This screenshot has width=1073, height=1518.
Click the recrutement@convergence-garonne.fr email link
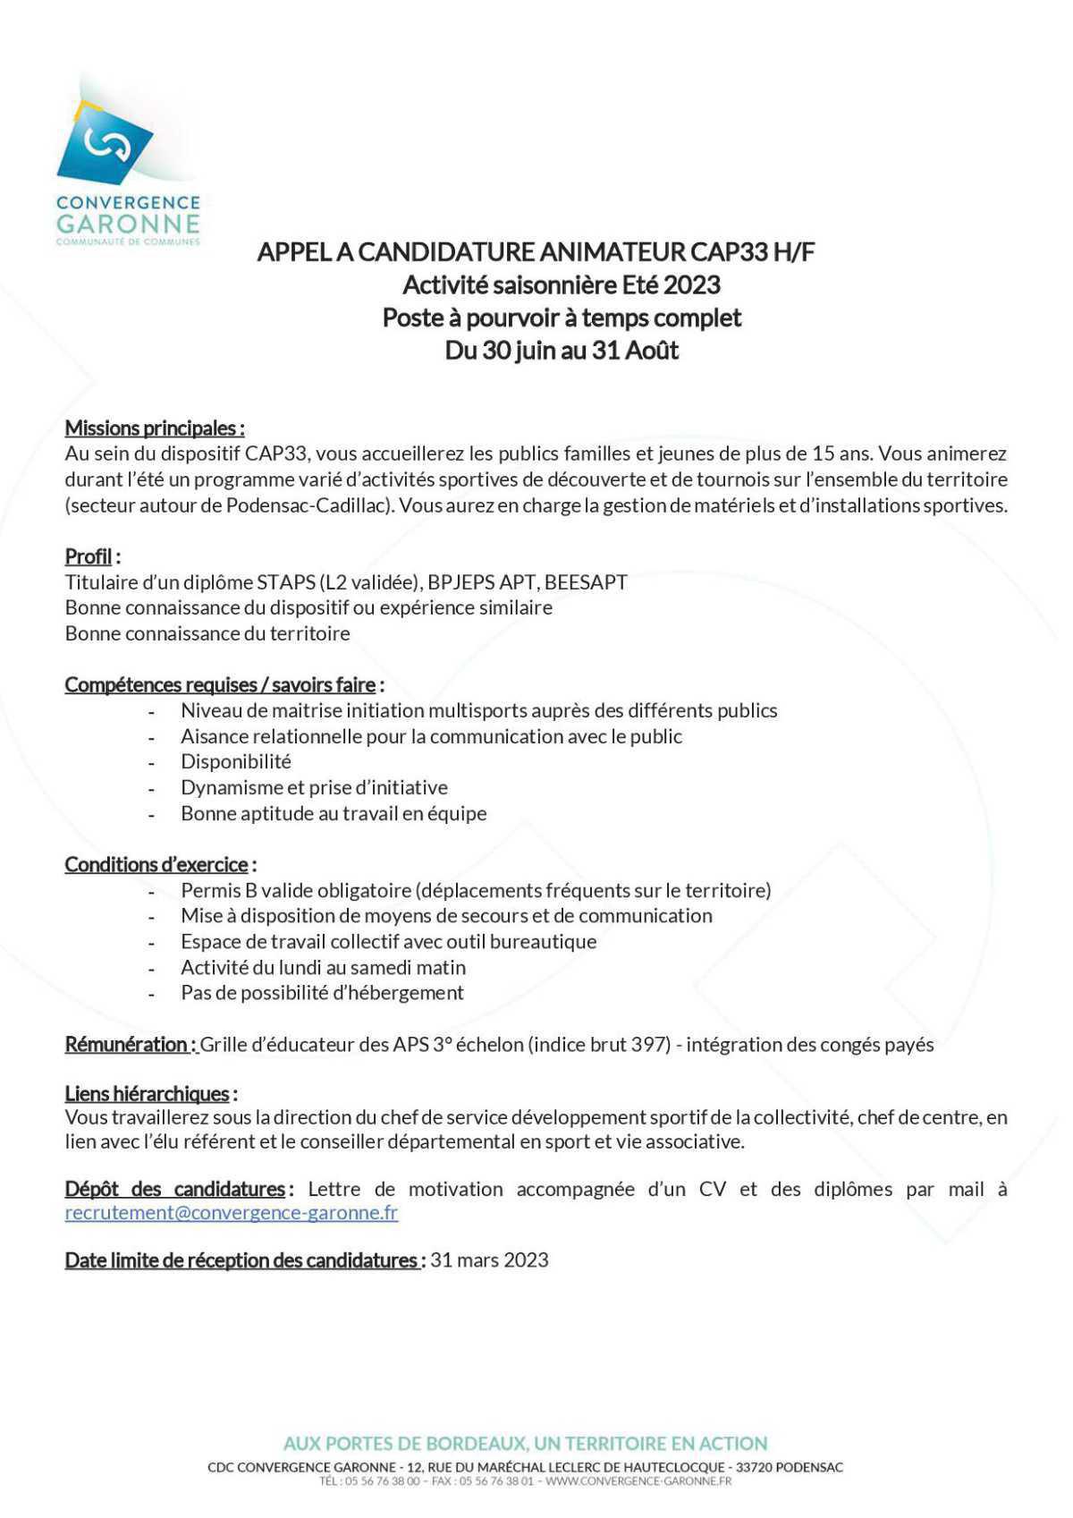coord(231,1212)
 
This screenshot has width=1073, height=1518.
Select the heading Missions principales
coord(153,428)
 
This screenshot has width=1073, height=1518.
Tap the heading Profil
coord(89,556)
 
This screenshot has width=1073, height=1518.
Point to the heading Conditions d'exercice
coord(156,864)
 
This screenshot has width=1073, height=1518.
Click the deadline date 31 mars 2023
coord(489,1259)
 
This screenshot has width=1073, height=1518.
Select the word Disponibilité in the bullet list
coord(236,761)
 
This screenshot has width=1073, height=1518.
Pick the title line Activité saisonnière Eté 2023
coord(562,284)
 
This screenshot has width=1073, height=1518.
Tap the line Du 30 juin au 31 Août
coord(562,350)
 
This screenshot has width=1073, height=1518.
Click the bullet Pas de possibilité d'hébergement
coord(322,992)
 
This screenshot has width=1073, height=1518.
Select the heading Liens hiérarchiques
coord(147,1093)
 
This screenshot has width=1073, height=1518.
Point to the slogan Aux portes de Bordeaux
coord(525,1443)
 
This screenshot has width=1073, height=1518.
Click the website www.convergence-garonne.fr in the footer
coord(638,1481)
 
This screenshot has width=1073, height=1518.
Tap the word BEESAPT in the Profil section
coord(586,582)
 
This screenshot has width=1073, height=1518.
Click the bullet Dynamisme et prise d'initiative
coord(314,787)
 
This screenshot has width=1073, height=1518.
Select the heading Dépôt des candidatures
coord(174,1189)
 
